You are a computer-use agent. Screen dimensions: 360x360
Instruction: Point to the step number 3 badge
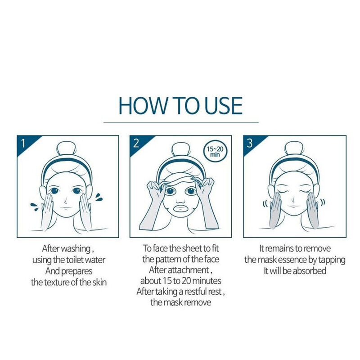250,144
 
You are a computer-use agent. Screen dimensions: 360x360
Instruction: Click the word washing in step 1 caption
78,248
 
